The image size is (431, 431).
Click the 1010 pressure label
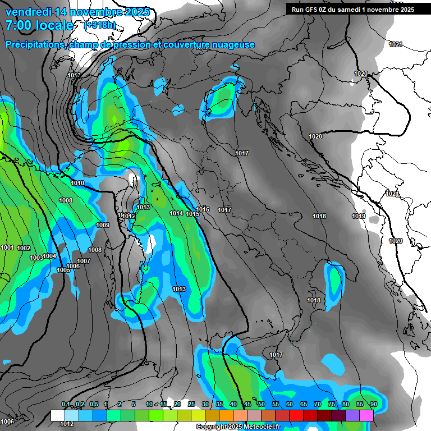pyautogui.click(x=77, y=183)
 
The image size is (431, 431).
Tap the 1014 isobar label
pyautogui.click(x=176, y=213)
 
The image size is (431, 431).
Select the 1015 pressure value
pyautogui.click(x=192, y=214)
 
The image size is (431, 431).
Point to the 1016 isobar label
pyautogui.click(x=203, y=209)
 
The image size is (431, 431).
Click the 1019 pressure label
pyautogui.click(x=359, y=216)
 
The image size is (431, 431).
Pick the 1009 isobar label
pyautogui.click(x=102, y=225)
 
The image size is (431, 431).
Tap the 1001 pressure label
pyautogui.click(x=7, y=247)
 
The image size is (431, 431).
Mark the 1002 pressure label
pyautogui.click(x=24, y=248)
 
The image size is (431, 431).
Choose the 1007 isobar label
pyautogui.click(x=84, y=261)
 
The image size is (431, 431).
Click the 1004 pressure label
pyautogui.click(x=50, y=256)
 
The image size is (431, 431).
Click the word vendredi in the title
pyautogui.click(x=29, y=12)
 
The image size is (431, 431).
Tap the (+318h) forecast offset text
pyautogui.click(x=100, y=25)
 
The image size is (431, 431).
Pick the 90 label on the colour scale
pyautogui.click(x=373, y=405)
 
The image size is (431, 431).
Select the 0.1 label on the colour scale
pyautogui.click(x=66, y=405)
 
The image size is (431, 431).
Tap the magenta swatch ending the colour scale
pyautogui.click(x=366, y=415)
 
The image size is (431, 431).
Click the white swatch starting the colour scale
pyautogui.click(x=57, y=415)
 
